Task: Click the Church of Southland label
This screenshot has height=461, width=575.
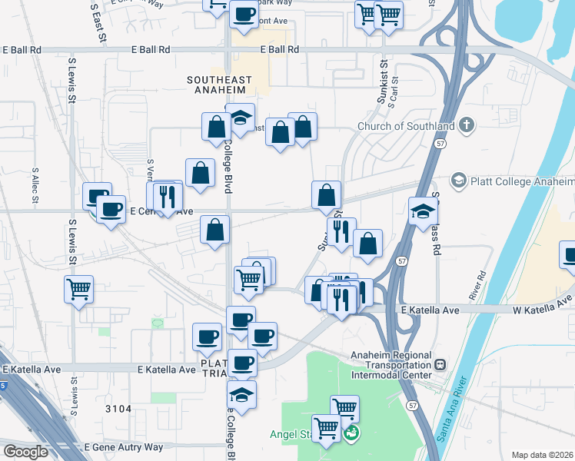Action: (407, 127)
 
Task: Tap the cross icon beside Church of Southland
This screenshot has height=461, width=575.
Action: (466, 125)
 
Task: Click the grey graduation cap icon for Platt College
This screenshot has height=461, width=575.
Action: (459, 181)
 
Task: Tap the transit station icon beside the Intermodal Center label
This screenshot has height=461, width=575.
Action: (440, 365)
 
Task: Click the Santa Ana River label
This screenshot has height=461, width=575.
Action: (452, 406)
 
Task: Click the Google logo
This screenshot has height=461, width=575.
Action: (25, 452)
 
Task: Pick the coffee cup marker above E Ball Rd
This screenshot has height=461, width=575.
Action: (244, 15)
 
